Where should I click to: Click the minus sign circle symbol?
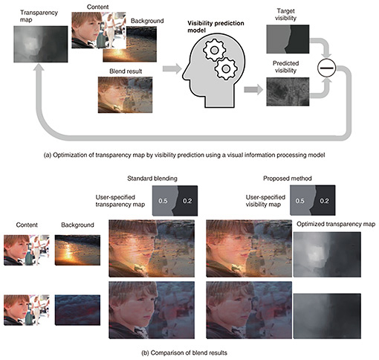[326, 68]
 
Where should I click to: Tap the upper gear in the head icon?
[214, 51]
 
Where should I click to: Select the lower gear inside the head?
[226, 68]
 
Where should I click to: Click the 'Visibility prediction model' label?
[216, 27]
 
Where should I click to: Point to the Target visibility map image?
[288, 39]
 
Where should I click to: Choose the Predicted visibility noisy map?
[288, 91]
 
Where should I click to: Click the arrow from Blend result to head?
[172, 68]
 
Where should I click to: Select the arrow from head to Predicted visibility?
[253, 89]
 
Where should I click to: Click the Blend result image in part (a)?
[125, 94]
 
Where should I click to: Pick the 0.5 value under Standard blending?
[163, 201]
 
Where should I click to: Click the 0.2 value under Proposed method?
[324, 201]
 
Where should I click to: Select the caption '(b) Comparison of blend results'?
[184, 353]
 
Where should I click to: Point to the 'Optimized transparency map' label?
[336, 224]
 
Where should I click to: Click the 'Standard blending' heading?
[152, 179]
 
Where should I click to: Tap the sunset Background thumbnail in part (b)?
[77, 250]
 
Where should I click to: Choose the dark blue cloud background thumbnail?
[77, 310]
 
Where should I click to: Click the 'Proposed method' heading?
[288, 179]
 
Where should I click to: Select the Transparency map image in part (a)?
[41, 44]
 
